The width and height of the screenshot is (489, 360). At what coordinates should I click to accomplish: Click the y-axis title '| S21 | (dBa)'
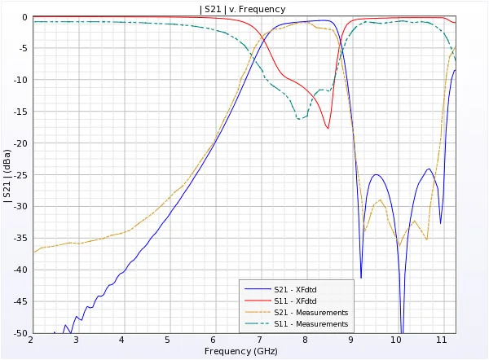[x=8, y=175]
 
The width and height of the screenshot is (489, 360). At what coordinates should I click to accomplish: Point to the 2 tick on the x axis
[x=31, y=340]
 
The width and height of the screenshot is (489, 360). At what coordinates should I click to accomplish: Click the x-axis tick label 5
[x=168, y=340]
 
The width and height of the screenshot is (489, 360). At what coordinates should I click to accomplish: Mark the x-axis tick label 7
[x=259, y=340]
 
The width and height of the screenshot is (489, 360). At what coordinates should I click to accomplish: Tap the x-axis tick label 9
[x=351, y=340]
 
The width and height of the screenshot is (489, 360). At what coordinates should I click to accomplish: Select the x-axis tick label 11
[x=443, y=340]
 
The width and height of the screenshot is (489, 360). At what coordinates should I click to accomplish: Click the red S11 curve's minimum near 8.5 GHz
[x=328, y=128]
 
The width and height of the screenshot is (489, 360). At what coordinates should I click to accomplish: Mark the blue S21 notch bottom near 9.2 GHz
[x=361, y=278]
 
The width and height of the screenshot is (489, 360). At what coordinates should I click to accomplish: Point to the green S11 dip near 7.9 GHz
[x=300, y=119]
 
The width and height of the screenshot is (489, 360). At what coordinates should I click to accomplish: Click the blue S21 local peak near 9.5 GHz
[x=377, y=174]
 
